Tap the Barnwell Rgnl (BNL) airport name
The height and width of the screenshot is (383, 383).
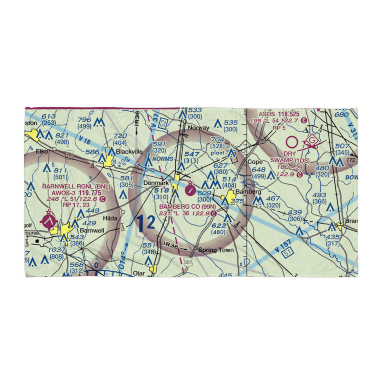76,187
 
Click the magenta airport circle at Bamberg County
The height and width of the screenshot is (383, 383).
190,189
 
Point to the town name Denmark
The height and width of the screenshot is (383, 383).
156,183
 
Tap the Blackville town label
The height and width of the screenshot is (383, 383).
129,152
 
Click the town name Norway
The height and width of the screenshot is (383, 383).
199,128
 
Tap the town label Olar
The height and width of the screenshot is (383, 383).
139,274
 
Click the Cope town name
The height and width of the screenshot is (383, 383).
255,162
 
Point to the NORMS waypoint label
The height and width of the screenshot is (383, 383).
162,159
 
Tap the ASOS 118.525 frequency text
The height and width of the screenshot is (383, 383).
278,114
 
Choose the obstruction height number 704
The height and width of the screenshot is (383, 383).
217,139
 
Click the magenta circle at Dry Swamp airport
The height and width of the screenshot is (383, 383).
292,142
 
